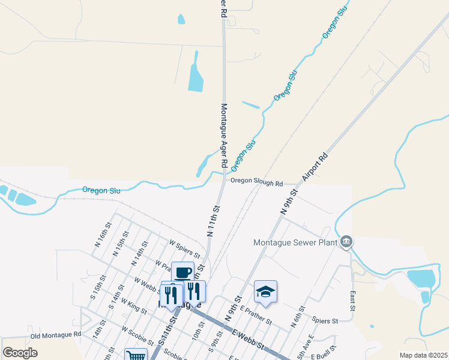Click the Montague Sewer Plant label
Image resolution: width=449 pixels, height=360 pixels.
294,242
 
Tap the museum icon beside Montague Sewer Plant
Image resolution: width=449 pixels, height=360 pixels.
346,242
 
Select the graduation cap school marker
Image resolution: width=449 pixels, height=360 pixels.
265,292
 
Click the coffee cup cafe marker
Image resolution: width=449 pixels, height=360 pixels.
182,273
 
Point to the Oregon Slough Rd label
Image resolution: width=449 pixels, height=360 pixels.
256,182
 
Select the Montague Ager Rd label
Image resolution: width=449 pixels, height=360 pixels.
223,135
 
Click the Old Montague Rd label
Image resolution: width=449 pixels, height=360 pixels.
55,334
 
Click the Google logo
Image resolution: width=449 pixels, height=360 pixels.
20,352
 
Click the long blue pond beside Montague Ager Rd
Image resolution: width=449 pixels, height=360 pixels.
196,72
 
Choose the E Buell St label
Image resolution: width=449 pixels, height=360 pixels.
327,356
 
